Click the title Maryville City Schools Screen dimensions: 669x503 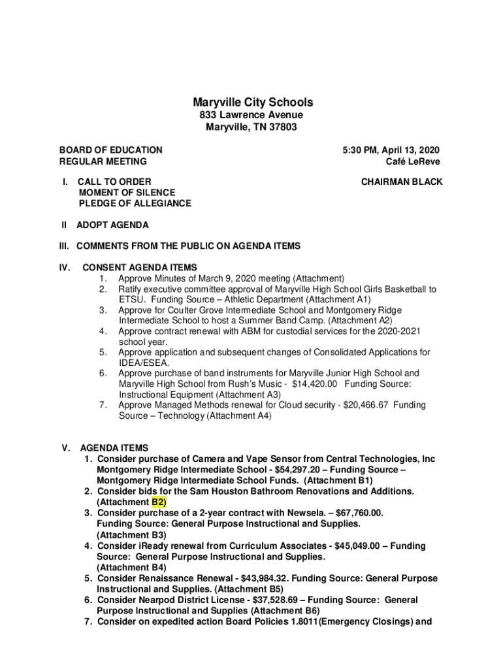click(x=252, y=103)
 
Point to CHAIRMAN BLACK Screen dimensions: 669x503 click(x=402, y=182)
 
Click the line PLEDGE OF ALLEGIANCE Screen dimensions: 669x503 click(x=135, y=203)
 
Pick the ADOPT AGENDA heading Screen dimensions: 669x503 click(x=112, y=225)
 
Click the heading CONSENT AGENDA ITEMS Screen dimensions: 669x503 click(x=139, y=267)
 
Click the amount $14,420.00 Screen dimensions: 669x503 click(x=310, y=383)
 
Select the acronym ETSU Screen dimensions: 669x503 click(x=130, y=299)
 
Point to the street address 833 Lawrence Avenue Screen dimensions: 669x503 click(x=252, y=116)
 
